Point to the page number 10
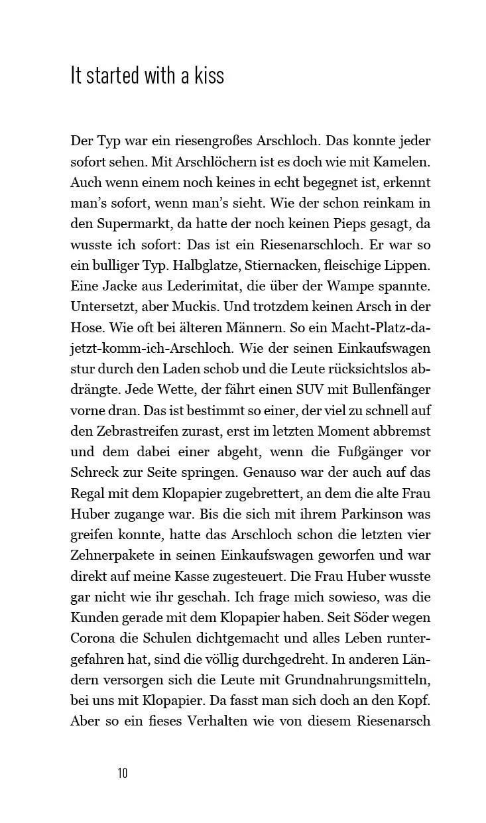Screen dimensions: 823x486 point(123,773)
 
